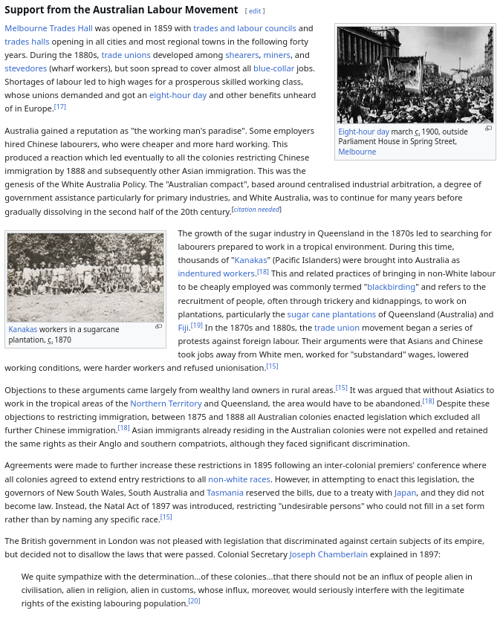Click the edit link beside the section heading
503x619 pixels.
255,11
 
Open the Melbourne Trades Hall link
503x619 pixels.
48,28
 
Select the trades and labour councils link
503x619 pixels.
244,28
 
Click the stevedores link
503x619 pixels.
26,68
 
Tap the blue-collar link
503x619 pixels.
273,68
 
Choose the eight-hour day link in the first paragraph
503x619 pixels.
178,95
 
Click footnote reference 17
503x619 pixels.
60,107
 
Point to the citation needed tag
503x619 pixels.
256,210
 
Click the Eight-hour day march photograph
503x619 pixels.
415,74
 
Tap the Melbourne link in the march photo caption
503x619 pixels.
357,152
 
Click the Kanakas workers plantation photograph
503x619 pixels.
85,277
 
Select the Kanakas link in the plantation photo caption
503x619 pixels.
23,329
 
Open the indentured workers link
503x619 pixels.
216,273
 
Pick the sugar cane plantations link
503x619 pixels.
331,314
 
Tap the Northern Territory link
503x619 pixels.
166,404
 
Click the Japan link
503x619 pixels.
405,493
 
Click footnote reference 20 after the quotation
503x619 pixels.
194,601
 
